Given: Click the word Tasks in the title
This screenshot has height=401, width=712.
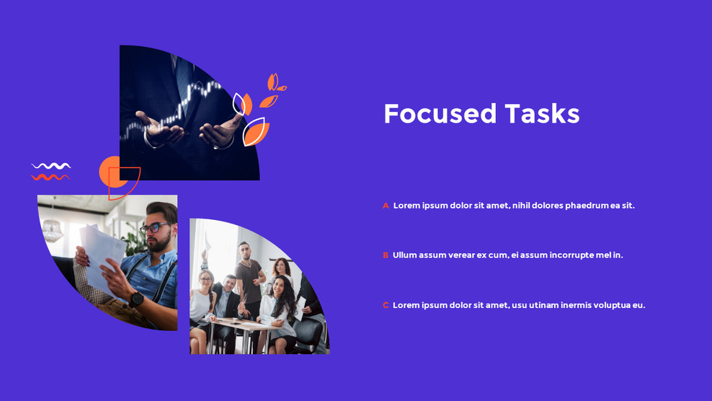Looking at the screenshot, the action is point(542,114).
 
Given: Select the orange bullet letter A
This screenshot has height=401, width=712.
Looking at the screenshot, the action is point(386,206).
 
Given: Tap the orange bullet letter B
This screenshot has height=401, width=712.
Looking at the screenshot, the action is point(386,255).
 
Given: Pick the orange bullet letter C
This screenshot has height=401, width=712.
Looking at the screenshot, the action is point(386,305).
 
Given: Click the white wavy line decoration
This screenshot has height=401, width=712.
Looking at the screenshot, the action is point(51,166).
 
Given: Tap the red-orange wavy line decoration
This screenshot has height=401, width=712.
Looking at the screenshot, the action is point(50,177).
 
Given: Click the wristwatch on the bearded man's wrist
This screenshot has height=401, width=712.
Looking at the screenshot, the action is point(135,299).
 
